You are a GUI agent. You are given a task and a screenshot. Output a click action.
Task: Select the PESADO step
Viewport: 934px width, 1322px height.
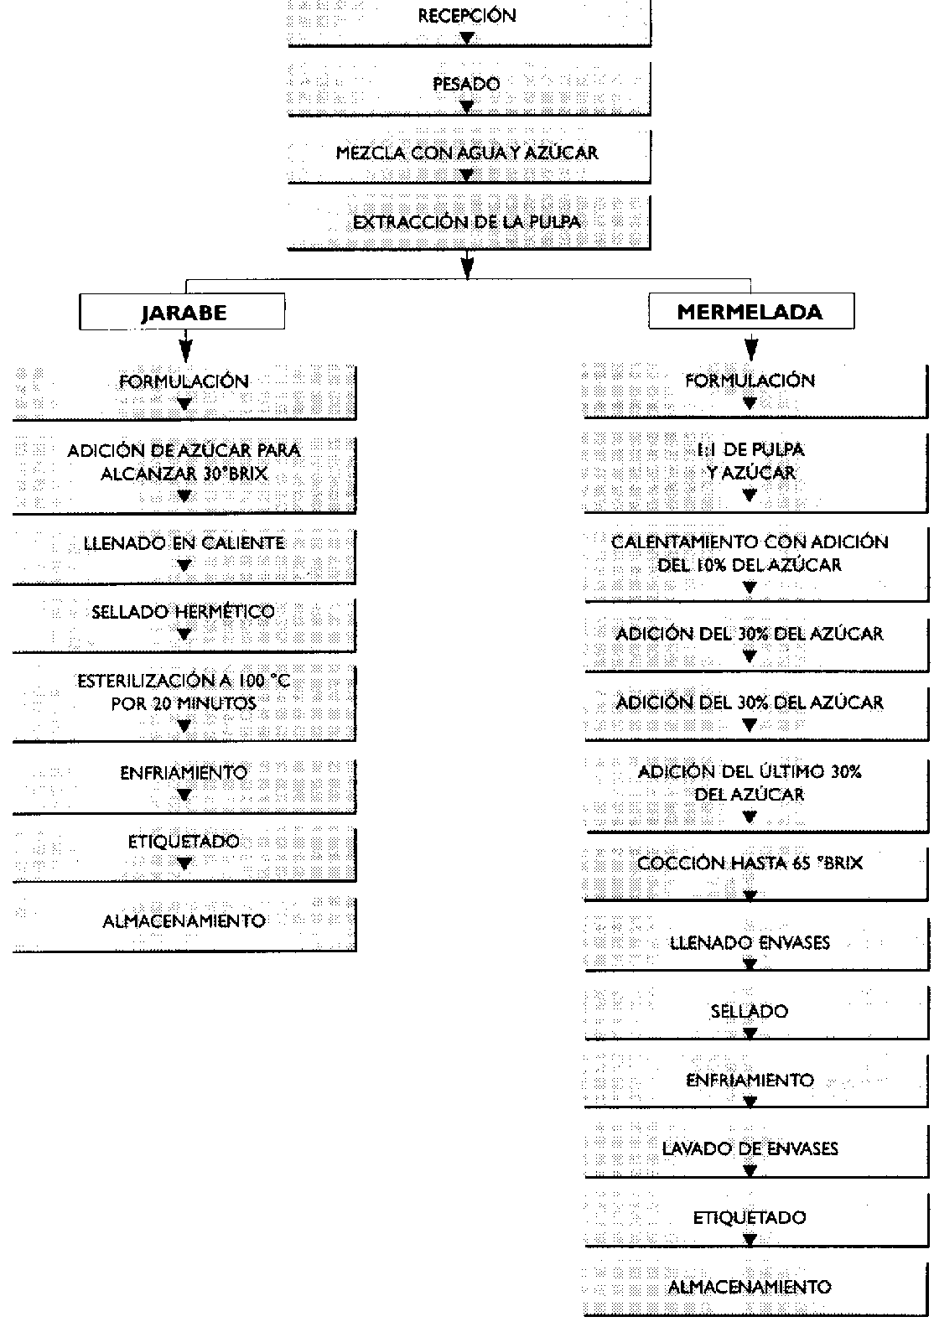pos(468,86)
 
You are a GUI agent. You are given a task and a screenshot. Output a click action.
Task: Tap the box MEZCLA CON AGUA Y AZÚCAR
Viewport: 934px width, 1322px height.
pos(468,154)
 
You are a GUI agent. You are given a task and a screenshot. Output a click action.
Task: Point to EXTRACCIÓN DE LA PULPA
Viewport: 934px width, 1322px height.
pos(468,223)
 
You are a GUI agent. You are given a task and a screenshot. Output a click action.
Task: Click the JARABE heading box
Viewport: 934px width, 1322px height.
pos(182,313)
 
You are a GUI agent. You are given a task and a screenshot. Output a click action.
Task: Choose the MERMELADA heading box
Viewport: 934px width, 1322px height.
pos(750,313)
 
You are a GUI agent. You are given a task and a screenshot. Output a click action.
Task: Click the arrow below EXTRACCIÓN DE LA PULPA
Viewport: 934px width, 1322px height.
pos(468,266)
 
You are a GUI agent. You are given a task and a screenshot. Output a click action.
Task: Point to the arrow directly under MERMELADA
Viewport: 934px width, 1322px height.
pos(751,345)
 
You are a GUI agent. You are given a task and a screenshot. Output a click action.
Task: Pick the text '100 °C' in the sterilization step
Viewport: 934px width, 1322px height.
pos(262,682)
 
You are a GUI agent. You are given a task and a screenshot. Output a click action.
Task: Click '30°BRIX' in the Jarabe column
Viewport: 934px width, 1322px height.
pos(235,474)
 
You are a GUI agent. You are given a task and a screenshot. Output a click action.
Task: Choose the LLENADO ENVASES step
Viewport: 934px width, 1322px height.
pos(750,944)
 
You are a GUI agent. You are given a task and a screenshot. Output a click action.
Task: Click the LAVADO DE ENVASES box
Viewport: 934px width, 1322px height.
pos(750,1150)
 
